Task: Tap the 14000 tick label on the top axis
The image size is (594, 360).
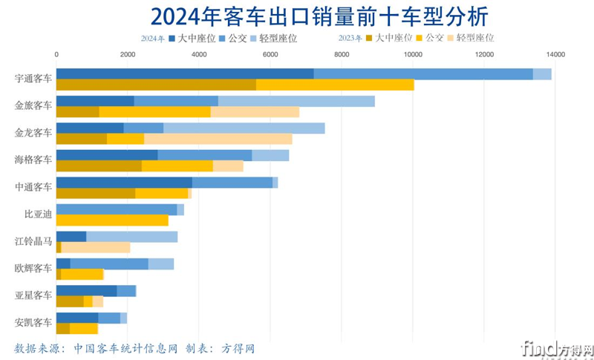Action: (555, 54)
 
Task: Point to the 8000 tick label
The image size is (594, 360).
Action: (341, 54)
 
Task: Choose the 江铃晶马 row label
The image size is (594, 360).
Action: (33, 241)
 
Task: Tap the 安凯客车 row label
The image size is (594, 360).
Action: (33, 322)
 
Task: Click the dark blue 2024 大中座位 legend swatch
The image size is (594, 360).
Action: (172, 38)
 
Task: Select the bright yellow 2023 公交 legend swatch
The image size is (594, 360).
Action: (420, 38)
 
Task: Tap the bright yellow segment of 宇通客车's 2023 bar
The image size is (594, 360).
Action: (335, 85)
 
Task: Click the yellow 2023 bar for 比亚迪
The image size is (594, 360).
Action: (112, 220)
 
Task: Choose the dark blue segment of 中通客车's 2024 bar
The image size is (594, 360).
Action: (124, 183)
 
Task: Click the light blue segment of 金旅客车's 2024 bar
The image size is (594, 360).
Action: (296, 101)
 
